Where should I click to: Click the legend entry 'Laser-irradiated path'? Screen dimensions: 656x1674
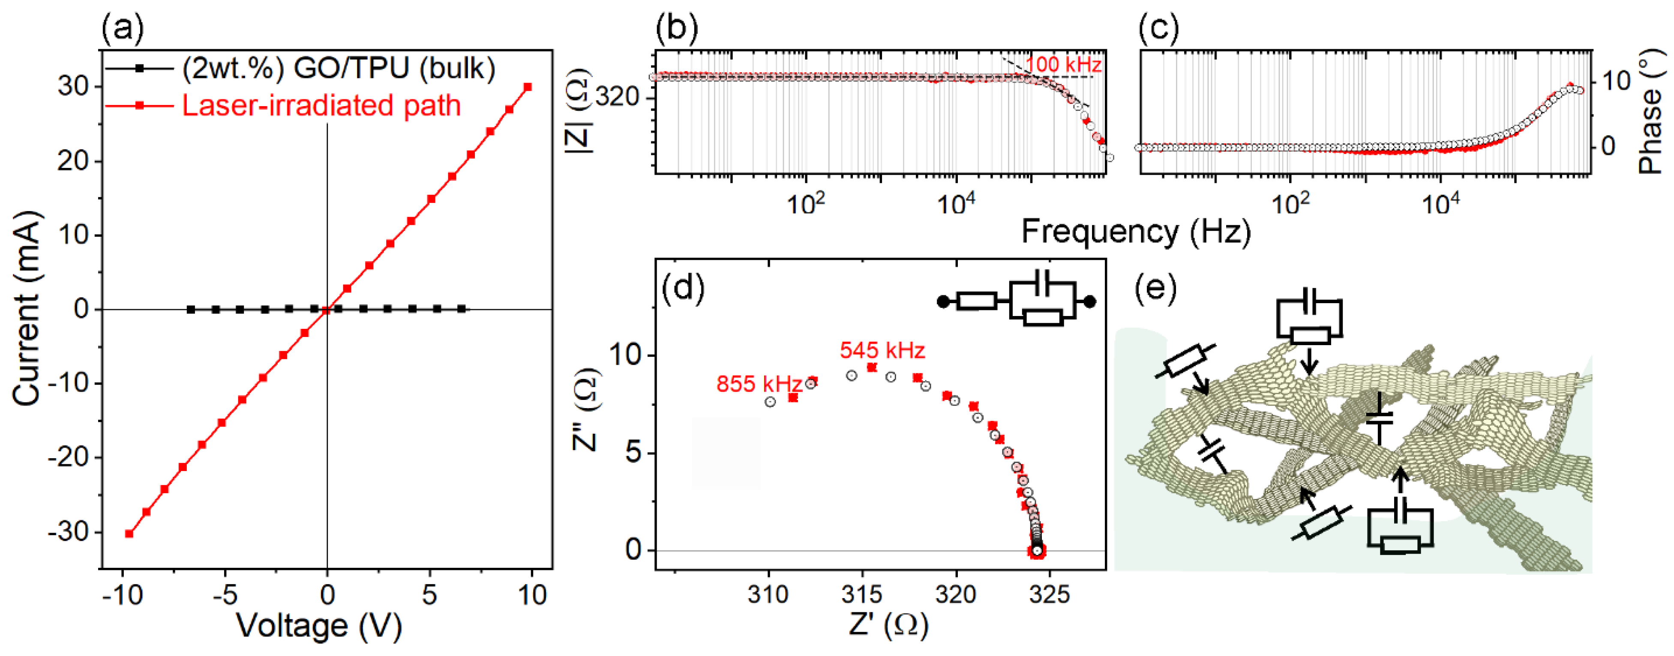[x=321, y=106]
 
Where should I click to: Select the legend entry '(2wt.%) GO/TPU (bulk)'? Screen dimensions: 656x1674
[x=338, y=68]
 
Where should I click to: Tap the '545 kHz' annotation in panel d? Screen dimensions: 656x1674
[x=882, y=351]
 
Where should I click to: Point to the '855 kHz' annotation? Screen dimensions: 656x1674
[x=759, y=384]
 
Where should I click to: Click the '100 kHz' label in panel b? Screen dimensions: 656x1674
[x=1063, y=64]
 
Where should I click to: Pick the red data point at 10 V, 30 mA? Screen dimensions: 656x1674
[x=528, y=87]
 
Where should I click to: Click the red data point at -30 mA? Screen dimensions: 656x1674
[x=129, y=533]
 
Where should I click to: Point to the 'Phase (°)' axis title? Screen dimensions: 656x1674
[x=1649, y=113]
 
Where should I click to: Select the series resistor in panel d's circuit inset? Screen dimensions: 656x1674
[x=977, y=301]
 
